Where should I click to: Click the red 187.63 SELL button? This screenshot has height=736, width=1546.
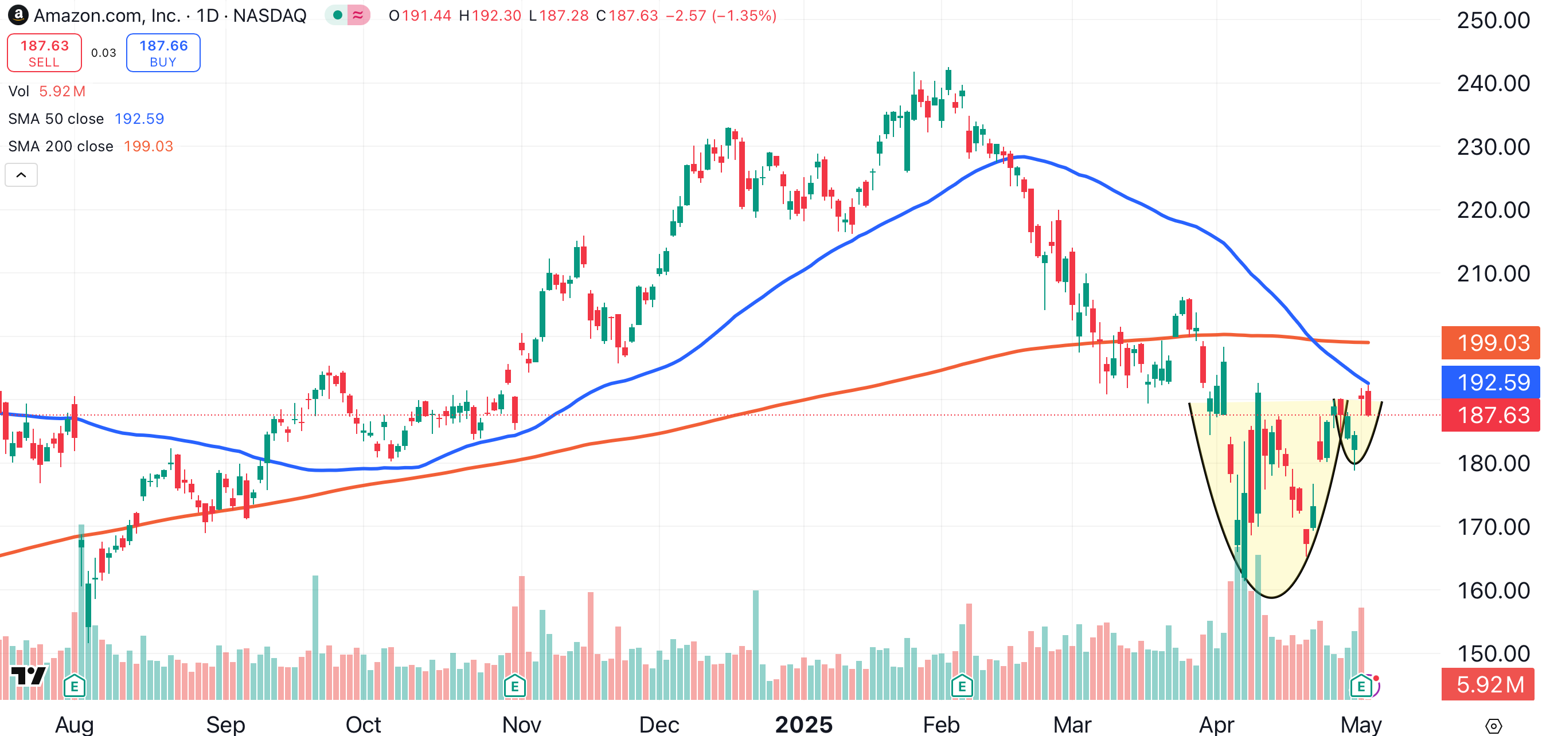pyautogui.click(x=44, y=53)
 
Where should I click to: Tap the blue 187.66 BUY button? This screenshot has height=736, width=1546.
pyautogui.click(x=163, y=53)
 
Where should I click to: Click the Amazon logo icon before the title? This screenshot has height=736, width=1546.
pyautogui.click(x=18, y=15)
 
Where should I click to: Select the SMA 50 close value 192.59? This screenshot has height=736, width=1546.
pyautogui.click(x=139, y=119)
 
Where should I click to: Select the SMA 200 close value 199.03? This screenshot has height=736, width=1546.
pyautogui.click(x=149, y=146)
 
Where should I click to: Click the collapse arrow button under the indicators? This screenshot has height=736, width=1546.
pyautogui.click(x=21, y=175)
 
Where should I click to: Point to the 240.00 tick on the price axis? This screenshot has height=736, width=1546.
pyautogui.click(x=1493, y=83)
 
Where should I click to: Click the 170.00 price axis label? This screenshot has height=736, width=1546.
pyautogui.click(x=1493, y=527)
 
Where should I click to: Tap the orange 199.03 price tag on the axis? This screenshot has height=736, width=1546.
pyautogui.click(x=1491, y=343)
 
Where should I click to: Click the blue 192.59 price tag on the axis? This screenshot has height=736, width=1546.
pyautogui.click(x=1491, y=382)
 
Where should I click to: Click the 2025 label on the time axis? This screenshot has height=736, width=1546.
pyautogui.click(x=803, y=725)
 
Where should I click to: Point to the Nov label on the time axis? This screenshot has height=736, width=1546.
pyautogui.click(x=521, y=725)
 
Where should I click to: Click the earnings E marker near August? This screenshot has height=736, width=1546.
pyautogui.click(x=75, y=686)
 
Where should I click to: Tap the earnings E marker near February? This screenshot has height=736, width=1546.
pyautogui.click(x=962, y=686)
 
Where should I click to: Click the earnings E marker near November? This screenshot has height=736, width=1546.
pyautogui.click(x=514, y=686)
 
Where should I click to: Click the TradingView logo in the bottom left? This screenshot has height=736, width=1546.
pyautogui.click(x=28, y=675)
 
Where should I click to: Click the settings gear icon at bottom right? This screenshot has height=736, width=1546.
pyautogui.click(x=1493, y=726)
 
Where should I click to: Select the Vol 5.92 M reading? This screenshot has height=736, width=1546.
pyautogui.click(x=62, y=91)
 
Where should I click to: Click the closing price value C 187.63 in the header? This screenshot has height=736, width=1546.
pyautogui.click(x=633, y=15)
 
